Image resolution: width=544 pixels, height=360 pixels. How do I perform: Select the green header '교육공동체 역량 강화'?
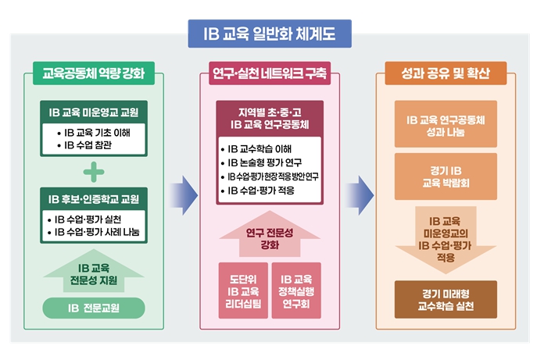[x=93, y=75]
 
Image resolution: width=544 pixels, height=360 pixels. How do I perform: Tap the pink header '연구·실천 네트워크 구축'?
[x=270, y=75]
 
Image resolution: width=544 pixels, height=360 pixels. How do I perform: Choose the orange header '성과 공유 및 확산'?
[x=446, y=75]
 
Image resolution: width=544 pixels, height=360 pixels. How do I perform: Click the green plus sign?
[x=93, y=170]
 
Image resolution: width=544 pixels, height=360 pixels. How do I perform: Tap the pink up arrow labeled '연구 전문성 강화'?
[x=269, y=238]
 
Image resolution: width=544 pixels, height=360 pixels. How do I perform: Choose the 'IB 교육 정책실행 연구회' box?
[x=296, y=290]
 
